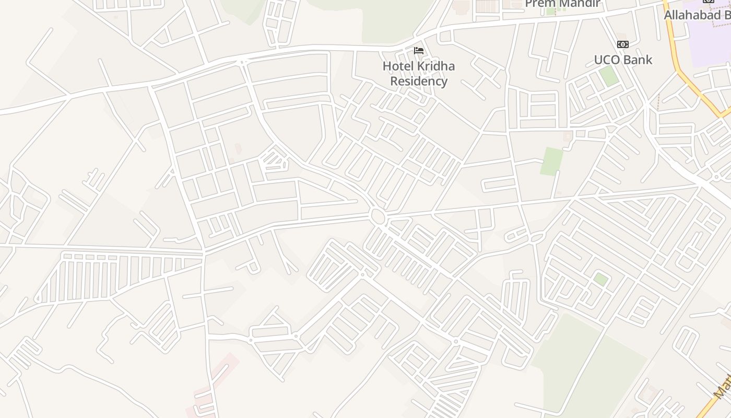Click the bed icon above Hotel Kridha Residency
(x=418, y=51)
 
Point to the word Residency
(x=419, y=81)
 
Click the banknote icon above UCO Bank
(x=622, y=44)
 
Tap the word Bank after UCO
(x=637, y=60)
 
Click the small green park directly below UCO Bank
(x=608, y=76)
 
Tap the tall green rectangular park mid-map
(x=551, y=161)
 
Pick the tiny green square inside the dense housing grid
(x=600, y=280)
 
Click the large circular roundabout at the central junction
(x=377, y=215)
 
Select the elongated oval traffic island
(x=537, y=238)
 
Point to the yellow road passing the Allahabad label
(x=679, y=68)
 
